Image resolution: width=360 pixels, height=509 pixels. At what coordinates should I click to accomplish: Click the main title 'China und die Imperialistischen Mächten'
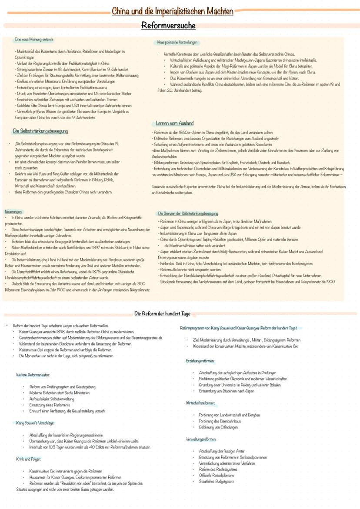point(172,11)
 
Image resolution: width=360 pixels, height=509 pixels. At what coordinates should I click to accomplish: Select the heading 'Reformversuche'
point(168,26)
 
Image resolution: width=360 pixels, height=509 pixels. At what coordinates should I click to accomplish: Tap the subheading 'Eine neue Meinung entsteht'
point(33,40)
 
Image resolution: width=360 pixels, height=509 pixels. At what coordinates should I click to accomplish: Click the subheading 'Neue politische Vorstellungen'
point(177,43)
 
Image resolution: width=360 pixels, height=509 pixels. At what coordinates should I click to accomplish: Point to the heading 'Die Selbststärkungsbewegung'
point(41,131)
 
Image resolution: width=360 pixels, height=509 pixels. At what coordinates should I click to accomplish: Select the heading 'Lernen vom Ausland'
point(174,123)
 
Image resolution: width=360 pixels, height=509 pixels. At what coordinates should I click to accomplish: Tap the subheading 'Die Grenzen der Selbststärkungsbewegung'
point(188,213)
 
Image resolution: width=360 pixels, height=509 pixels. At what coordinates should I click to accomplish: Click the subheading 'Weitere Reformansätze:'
point(33,375)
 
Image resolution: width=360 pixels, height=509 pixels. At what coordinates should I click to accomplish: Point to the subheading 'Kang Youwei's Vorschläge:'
point(35,423)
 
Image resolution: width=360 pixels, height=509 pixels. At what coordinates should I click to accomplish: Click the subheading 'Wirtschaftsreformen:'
point(200,403)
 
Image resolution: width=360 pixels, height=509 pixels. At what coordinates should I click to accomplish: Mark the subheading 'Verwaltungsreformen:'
point(201,439)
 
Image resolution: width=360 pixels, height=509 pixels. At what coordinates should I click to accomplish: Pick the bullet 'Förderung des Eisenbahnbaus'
point(220,421)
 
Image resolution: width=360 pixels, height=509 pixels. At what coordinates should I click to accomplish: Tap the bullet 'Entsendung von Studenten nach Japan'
point(227,391)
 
